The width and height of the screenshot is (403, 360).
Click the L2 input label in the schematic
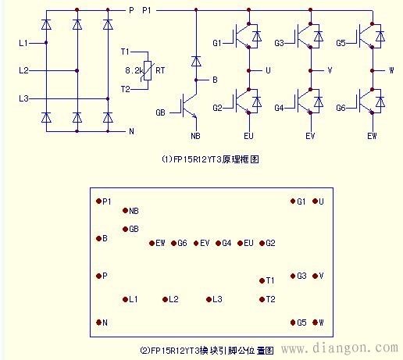tap(23, 70)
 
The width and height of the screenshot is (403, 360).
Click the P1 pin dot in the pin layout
tap(98, 201)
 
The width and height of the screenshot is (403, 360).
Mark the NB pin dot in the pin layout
tap(124, 211)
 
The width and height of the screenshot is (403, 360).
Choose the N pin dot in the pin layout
tap(98, 323)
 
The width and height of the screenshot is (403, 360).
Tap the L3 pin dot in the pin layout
tap(209, 299)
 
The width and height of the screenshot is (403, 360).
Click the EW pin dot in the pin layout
tap(151, 243)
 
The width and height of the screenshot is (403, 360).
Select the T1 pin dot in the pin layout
tap(261, 280)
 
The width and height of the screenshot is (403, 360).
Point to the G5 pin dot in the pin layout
tap(292, 323)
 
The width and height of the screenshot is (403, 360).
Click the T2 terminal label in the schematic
tap(124, 87)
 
